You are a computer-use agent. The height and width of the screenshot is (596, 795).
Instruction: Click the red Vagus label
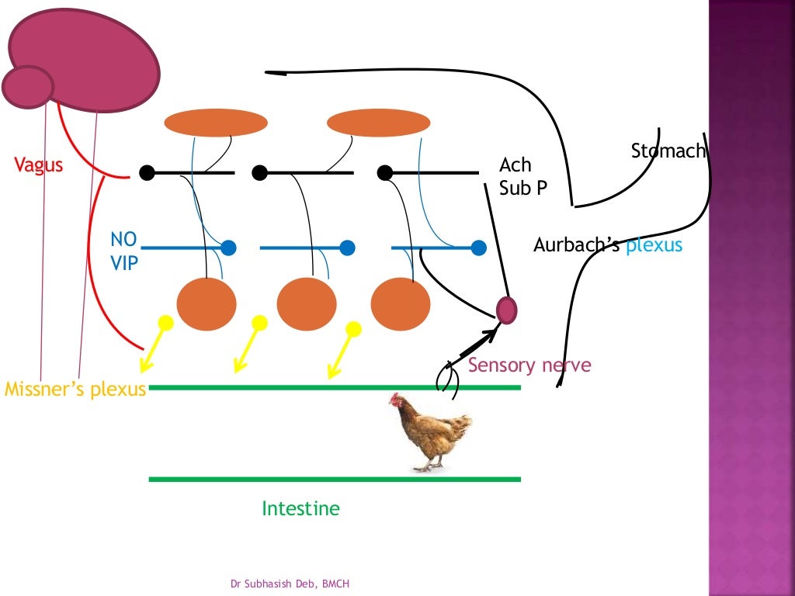pos(38,165)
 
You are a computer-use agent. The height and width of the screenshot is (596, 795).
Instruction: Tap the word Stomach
pos(668,151)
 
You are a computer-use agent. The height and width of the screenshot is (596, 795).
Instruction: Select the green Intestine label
pos(300,509)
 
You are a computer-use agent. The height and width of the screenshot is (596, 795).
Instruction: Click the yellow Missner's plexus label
pos(75,389)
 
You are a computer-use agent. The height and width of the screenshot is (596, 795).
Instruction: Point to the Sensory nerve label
pos(529,365)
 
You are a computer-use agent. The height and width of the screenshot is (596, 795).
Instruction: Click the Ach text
pos(516,165)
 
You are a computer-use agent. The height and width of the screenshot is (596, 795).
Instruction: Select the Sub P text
pos(522,188)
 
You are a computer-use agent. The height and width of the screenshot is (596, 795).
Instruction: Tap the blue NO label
pos(123,241)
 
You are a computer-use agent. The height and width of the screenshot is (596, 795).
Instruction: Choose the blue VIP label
pos(123,263)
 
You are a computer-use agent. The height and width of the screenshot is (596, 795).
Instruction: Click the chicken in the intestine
pos(433,431)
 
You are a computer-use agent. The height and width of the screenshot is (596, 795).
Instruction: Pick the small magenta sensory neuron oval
pos(506,310)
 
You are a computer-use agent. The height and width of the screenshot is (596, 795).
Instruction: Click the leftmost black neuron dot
pos(147,172)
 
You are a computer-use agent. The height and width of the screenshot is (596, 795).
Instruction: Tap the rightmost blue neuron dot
pos(479,248)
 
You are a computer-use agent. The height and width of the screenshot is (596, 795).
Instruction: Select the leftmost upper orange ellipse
pos(216,123)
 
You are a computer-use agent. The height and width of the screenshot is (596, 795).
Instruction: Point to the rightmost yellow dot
pos(353,329)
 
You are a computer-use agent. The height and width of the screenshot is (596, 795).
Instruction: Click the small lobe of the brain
pos(27,86)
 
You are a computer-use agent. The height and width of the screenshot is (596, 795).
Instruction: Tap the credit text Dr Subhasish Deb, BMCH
pos(295,583)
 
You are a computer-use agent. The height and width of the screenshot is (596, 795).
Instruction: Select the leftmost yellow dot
pos(165,321)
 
